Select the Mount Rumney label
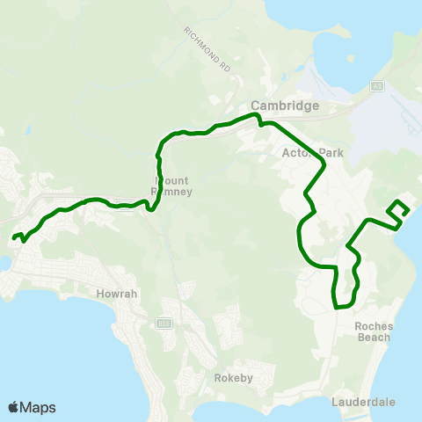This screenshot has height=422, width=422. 161,185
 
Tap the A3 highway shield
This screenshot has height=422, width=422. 376,86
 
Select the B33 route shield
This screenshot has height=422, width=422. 164,324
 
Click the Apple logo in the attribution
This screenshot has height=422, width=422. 13,407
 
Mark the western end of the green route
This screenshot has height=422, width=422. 14,236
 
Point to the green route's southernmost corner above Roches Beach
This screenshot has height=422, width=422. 336,307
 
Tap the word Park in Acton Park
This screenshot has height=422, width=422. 314,152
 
